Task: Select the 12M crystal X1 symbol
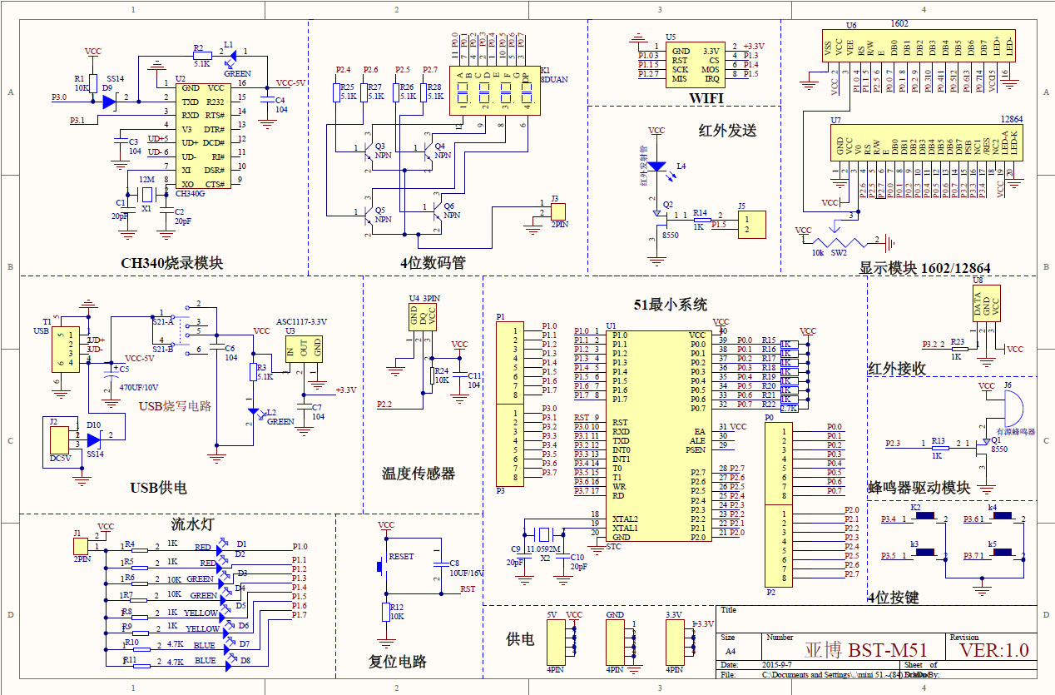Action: point(146,195)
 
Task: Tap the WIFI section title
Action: point(706,99)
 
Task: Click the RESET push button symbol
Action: point(382,565)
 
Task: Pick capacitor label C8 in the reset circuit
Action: point(453,563)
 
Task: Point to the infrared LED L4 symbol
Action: point(657,167)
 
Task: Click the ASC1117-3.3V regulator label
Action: point(301,321)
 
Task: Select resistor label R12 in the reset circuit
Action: point(396,608)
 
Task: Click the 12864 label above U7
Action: point(1012,120)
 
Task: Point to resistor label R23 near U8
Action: point(957,342)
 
